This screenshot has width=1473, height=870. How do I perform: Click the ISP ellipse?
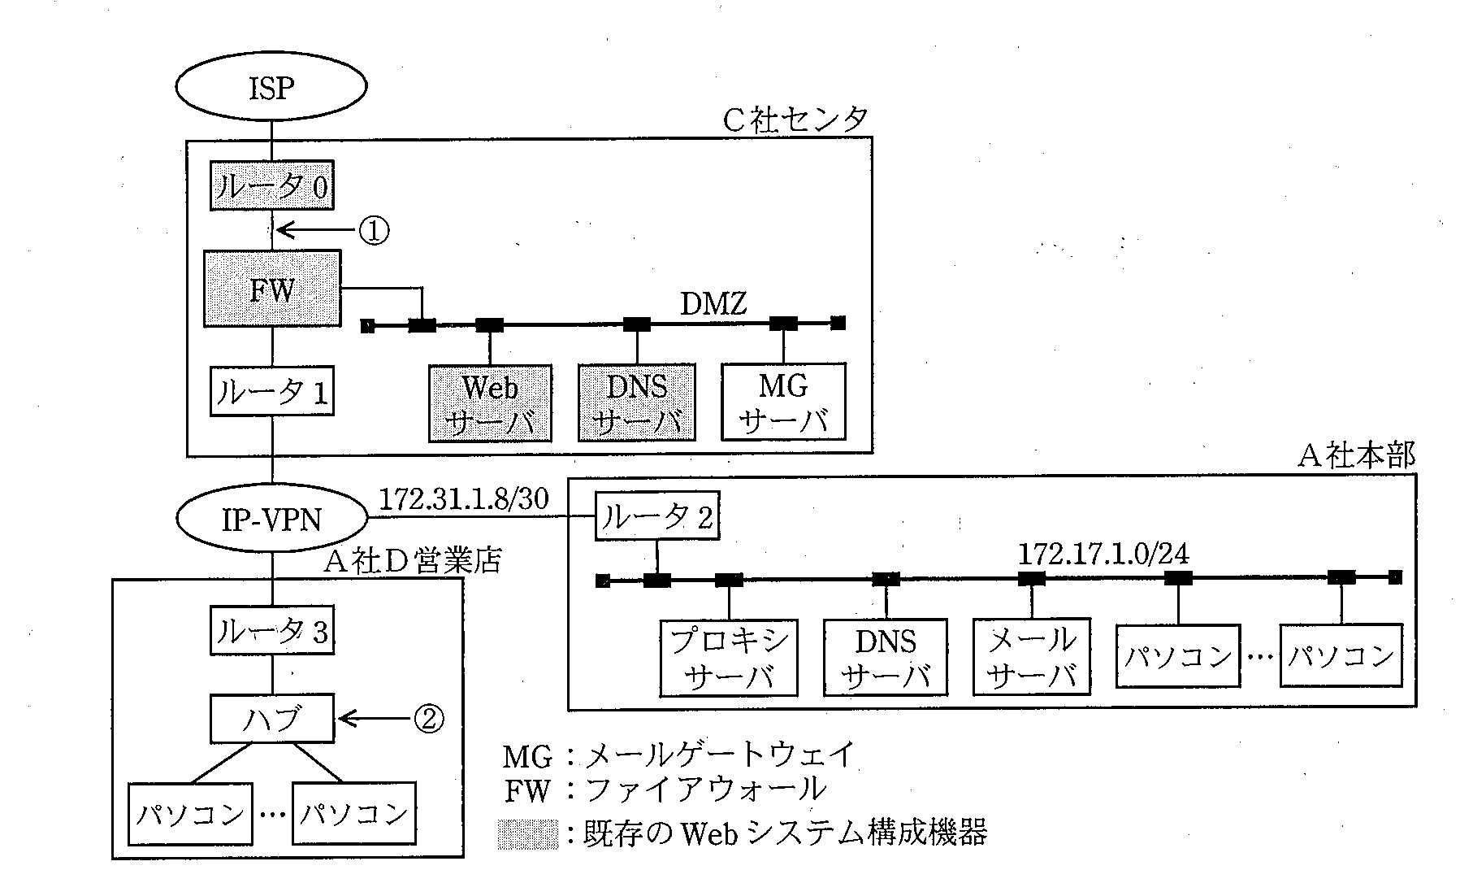click(x=271, y=87)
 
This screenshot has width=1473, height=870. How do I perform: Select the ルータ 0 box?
click(x=271, y=187)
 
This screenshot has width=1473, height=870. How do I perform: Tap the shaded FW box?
click(x=271, y=289)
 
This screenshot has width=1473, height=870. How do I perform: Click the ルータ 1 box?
click(x=271, y=392)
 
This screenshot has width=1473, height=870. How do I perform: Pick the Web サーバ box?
click(x=490, y=403)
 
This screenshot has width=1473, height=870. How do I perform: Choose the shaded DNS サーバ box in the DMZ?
click(x=637, y=403)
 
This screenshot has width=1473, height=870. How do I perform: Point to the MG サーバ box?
click(x=784, y=402)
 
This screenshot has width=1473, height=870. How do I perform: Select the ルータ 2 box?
click(x=656, y=515)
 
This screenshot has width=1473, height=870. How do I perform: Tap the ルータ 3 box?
click(x=271, y=630)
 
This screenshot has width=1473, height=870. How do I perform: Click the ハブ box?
click(x=271, y=718)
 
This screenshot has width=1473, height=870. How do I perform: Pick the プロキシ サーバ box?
click(x=729, y=658)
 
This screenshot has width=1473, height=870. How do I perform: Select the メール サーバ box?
click(x=1032, y=658)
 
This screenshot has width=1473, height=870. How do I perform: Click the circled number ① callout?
click(x=374, y=231)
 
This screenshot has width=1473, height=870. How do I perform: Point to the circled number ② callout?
click(x=429, y=718)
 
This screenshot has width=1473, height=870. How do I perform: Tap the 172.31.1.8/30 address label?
click(x=464, y=498)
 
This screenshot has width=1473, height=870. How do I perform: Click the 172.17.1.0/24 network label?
click(x=1103, y=555)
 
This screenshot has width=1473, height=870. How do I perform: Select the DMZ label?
click(x=713, y=305)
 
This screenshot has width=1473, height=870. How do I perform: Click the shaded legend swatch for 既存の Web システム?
click(x=528, y=834)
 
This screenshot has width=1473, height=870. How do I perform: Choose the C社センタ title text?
click(x=795, y=120)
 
